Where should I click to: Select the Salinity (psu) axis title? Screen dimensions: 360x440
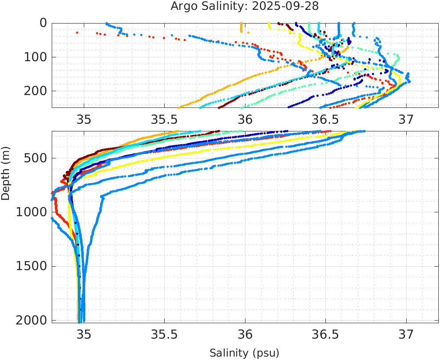[x=244, y=353]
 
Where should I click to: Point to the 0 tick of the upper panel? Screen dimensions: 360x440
[x=43, y=23]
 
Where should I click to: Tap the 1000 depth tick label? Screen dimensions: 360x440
[x=31, y=212]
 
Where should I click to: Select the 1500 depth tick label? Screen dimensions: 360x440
[x=31, y=266]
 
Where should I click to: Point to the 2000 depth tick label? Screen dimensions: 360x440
[x=31, y=320]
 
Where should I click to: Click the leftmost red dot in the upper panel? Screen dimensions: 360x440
[x=77, y=33]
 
